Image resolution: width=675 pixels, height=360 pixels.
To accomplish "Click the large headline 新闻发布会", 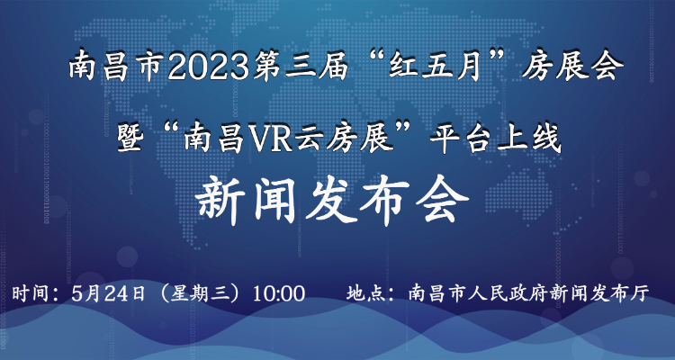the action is [x=331, y=202].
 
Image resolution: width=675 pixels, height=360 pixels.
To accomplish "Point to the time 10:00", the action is [x=279, y=293].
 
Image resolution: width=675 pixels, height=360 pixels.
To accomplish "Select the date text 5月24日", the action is [x=108, y=293].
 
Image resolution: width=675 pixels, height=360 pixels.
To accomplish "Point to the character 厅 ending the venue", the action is [x=640, y=293].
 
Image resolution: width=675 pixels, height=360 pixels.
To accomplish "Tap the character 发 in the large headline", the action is [x=331, y=202].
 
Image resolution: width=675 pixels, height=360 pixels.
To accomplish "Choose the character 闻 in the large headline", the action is [x=275, y=202].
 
